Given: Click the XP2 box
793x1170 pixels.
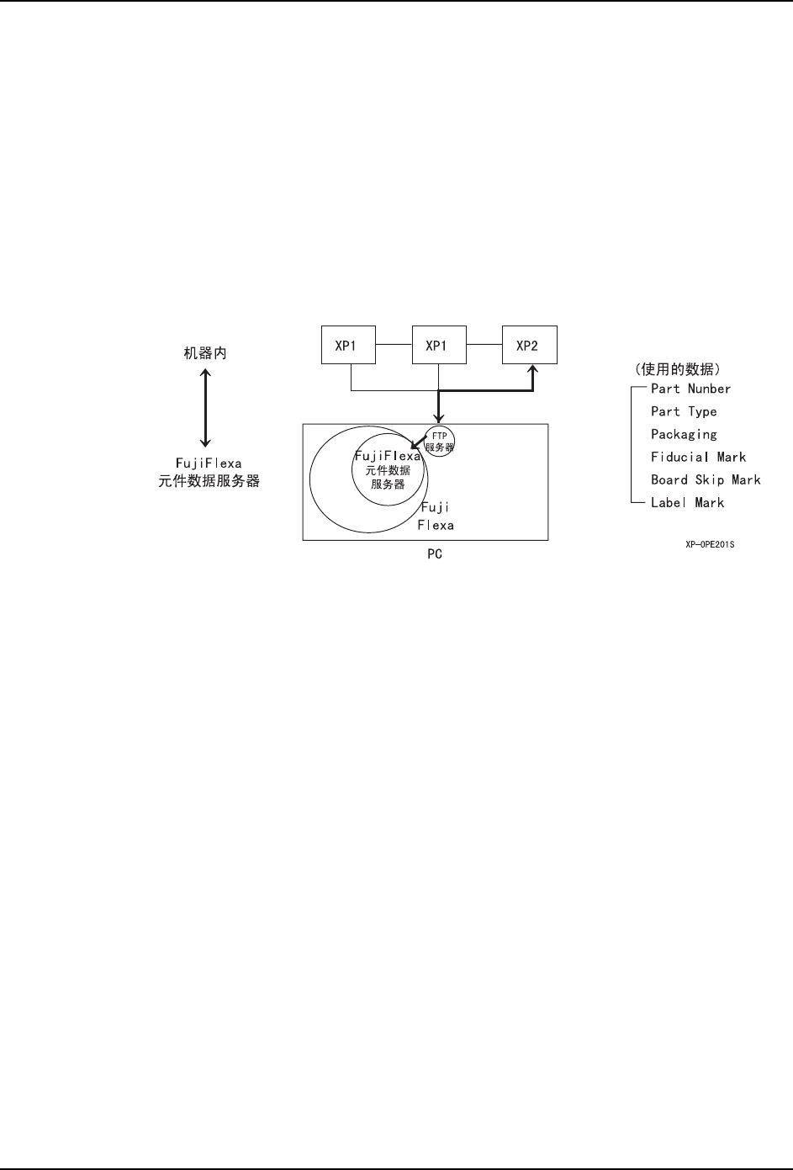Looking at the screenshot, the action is click(529, 346).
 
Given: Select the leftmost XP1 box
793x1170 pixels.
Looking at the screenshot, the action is click(349, 346).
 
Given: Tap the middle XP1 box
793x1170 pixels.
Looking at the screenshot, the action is click(439, 346).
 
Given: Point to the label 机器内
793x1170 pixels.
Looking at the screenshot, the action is click(205, 353).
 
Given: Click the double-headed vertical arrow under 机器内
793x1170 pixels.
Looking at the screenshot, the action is click(205, 407).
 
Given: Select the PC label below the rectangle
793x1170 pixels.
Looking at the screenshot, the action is click(434, 554).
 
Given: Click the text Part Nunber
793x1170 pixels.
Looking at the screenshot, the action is click(690, 389).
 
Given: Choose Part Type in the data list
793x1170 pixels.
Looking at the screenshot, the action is click(684, 411).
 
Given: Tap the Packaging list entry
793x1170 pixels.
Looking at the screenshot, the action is click(684, 434).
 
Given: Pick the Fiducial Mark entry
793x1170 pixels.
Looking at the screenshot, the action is click(698, 457).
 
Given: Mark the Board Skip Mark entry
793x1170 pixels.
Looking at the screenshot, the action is click(706, 479).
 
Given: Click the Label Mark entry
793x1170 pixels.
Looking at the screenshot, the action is click(687, 502).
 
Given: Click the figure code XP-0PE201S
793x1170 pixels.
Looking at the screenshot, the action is click(710, 544).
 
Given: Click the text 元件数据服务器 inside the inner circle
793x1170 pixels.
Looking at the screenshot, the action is click(388, 478).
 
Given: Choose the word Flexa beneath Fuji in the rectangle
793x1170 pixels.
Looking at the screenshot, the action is click(436, 525).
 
